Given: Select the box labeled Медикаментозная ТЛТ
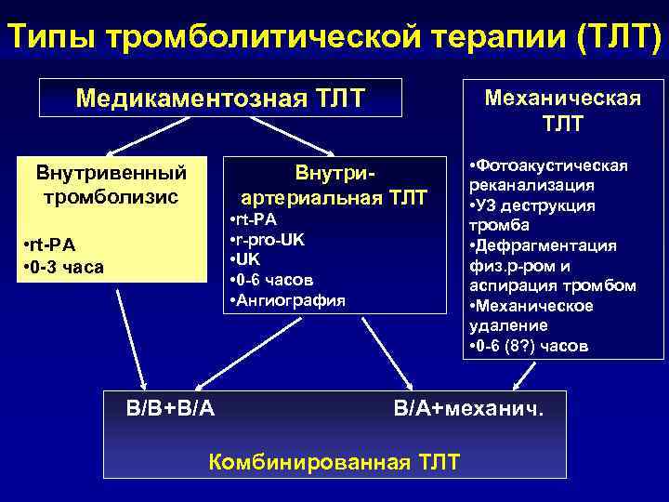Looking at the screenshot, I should coord(220,97).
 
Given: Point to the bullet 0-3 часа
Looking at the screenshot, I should coord(66,267).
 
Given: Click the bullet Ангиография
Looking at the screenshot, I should coord(287,299).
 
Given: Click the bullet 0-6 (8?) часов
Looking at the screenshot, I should coord(530,346).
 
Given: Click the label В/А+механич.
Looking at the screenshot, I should coord(466,406).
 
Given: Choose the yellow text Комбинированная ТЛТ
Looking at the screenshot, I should coord(334,460).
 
